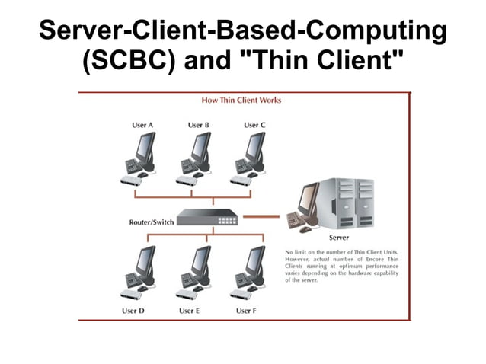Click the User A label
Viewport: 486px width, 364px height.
tap(142, 125)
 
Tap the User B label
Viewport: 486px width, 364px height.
tap(198, 125)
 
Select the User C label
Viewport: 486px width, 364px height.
tap(254, 125)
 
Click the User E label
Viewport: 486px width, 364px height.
tap(190, 311)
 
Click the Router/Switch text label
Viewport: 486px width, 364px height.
tap(151, 222)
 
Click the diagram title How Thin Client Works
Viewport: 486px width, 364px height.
tap(241, 100)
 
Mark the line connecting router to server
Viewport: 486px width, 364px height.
tap(261, 216)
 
